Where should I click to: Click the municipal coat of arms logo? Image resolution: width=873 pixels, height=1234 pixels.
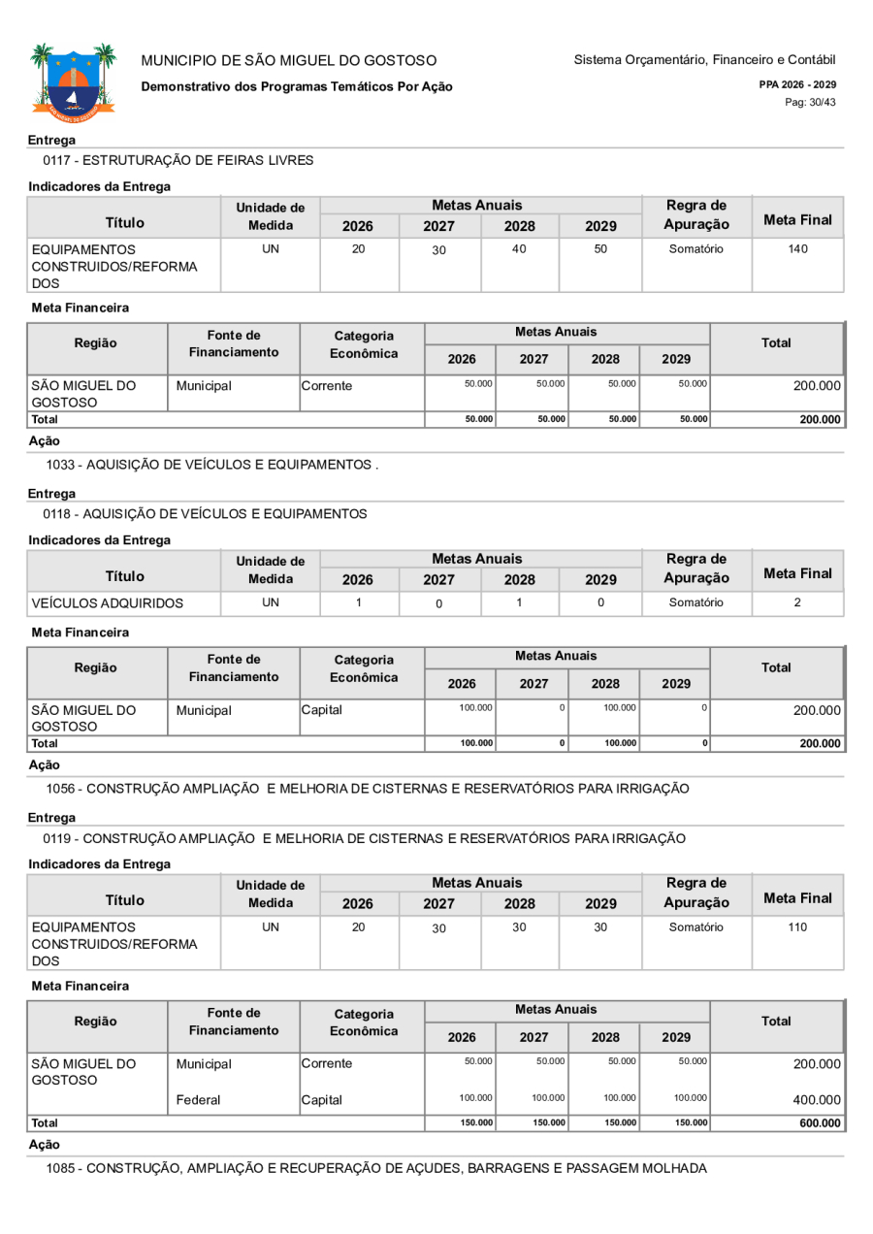73,81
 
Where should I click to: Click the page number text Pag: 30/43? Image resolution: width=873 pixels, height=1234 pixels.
811,103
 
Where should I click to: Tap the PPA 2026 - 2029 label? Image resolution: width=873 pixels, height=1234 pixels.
797,84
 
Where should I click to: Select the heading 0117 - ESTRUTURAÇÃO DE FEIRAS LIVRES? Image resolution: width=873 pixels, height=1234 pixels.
178,159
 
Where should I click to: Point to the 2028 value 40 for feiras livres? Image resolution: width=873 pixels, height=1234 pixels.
520,249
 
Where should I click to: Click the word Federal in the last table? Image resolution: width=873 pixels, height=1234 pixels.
198,1100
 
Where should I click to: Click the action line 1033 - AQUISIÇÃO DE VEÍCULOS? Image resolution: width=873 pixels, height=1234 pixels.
211,465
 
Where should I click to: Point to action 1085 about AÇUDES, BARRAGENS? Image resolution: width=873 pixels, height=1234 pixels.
376,1168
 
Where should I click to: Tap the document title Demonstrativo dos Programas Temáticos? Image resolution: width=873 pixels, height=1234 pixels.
297,86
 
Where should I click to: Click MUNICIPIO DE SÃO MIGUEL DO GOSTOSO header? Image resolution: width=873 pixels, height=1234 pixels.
289,61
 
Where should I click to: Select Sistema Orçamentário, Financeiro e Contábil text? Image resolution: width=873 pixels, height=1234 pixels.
704,60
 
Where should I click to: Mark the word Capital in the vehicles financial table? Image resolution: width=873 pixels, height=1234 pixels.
322,710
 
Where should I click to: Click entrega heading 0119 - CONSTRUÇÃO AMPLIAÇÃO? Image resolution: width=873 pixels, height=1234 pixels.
365,837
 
